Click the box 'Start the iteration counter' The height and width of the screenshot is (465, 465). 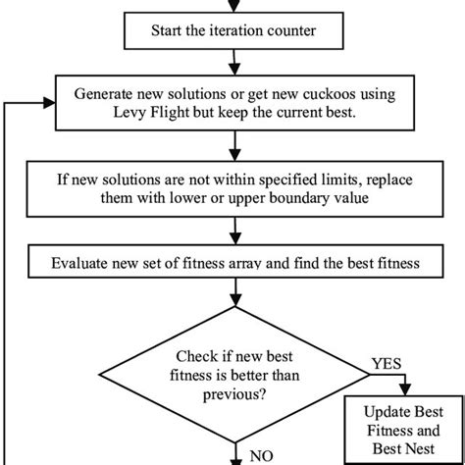pyautogui.click(x=232, y=29)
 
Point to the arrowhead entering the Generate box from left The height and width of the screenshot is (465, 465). pyautogui.click(x=48, y=100)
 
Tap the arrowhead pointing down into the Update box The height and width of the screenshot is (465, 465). pyautogui.click(x=407, y=391)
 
